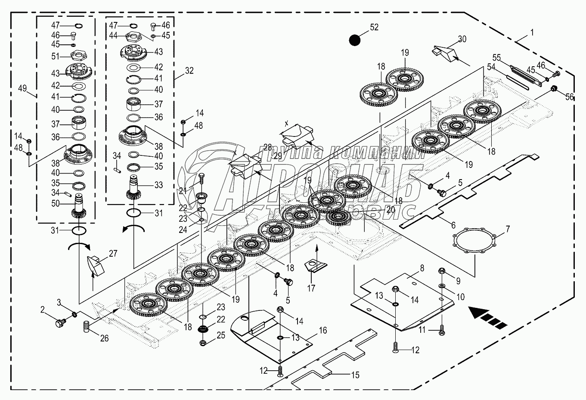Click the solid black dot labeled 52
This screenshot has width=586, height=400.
point(355,40)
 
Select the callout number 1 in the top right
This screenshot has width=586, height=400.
point(533,32)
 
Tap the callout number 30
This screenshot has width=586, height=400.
point(462,39)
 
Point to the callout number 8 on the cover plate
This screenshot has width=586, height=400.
point(422,267)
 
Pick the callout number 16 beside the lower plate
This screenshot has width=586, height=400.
point(323,330)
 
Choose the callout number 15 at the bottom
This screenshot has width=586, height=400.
point(355,375)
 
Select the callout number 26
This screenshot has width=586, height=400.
point(105,338)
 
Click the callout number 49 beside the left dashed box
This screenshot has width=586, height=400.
point(23,89)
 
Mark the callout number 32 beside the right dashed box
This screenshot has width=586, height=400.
point(189,71)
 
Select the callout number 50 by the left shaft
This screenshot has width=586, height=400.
point(55,204)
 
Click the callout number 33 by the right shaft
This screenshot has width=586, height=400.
point(158,185)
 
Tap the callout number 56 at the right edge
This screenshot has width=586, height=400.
point(569,97)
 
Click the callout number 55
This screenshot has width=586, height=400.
point(497,57)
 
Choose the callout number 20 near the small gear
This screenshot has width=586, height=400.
point(391,209)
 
